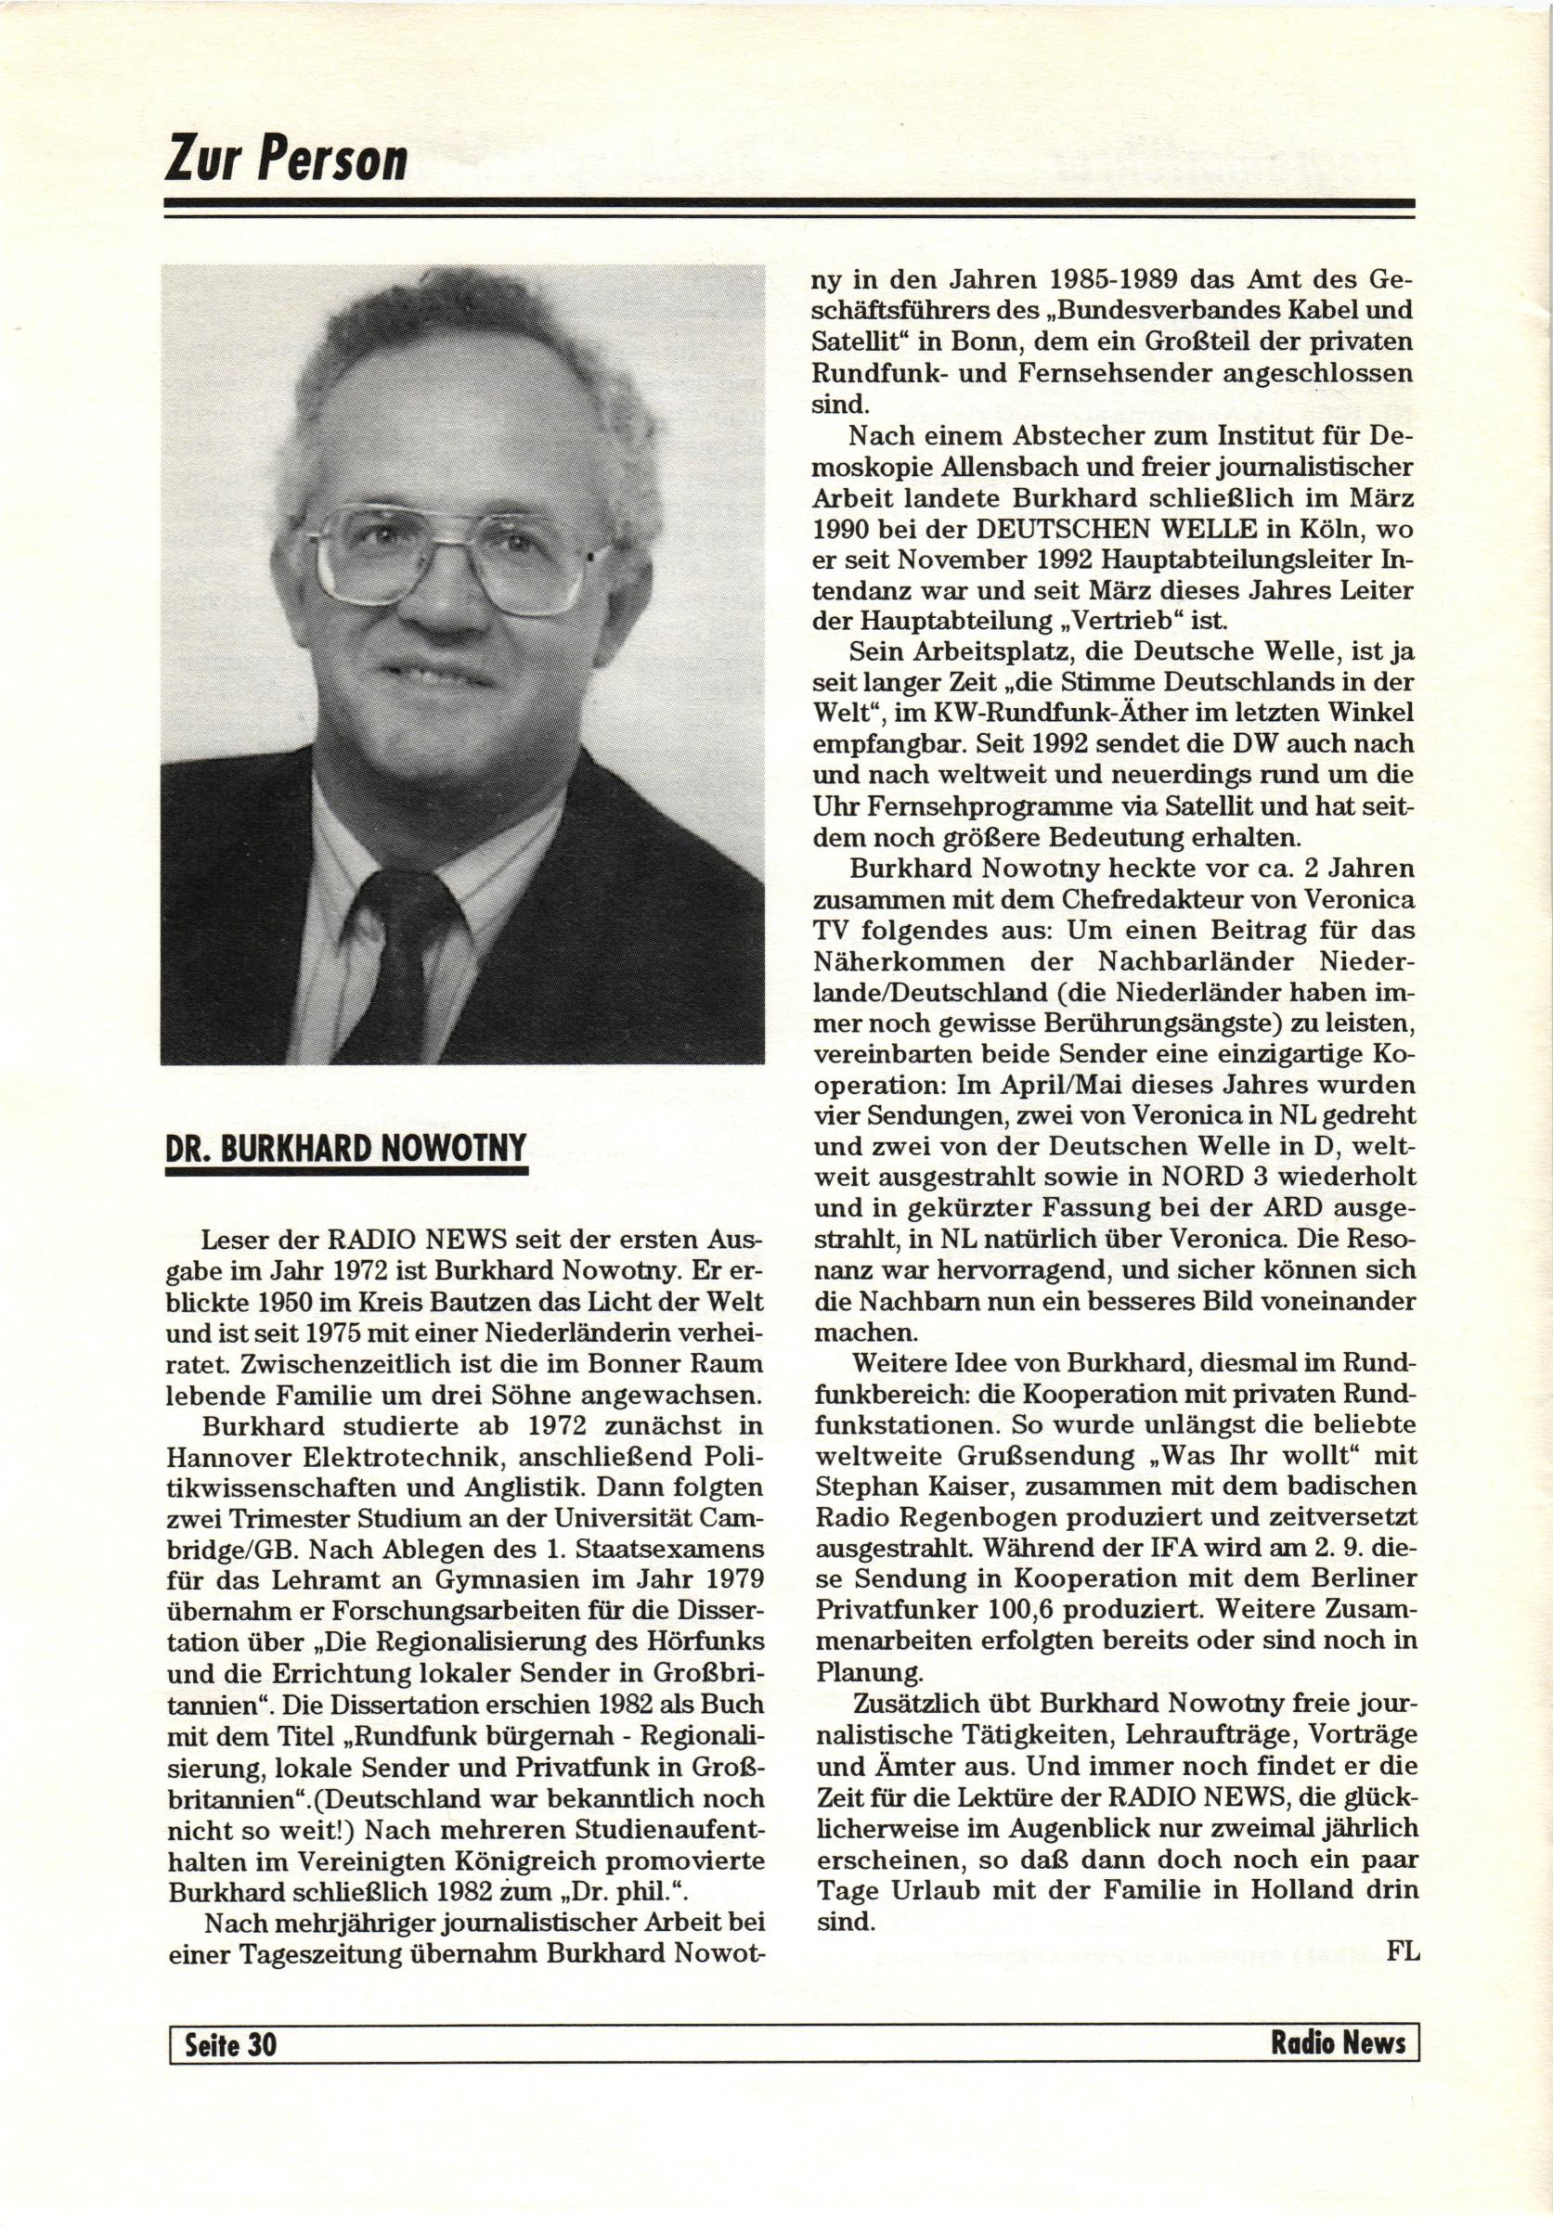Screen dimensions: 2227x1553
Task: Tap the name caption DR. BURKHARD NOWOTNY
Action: click(x=346, y=1150)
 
